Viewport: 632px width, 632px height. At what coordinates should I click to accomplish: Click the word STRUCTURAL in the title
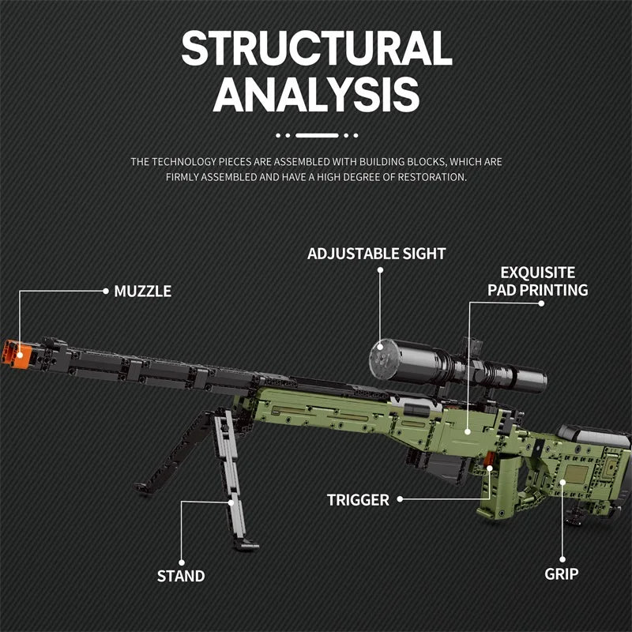316,49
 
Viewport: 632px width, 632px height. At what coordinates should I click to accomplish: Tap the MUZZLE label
142,291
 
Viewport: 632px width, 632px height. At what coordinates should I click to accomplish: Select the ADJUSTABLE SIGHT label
376,254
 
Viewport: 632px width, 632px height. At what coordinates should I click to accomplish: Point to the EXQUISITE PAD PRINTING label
537,281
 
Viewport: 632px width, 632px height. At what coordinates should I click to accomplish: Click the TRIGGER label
358,499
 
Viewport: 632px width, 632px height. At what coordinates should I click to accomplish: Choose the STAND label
181,576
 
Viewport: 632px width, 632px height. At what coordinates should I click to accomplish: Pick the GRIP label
562,574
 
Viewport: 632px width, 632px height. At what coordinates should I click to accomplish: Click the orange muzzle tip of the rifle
14,351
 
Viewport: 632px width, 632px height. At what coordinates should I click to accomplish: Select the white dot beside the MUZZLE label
105,291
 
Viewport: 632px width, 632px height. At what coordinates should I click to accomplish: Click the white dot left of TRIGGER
400,499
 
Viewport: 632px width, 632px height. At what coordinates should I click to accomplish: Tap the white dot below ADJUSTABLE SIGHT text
380,271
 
